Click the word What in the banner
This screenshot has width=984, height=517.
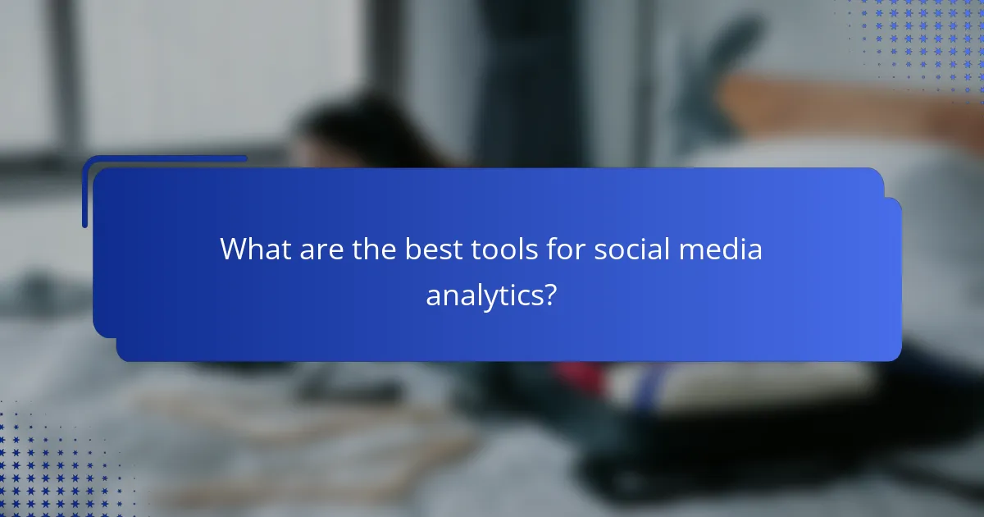[x=253, y=249]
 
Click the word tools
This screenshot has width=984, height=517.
[x=505, y=249]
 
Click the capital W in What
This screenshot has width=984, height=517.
[x=233, y=249]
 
